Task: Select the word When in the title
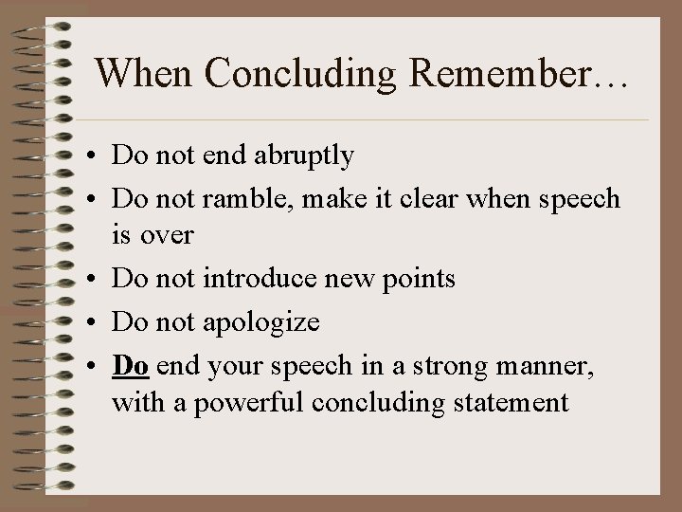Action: tap(140, 73)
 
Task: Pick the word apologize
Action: tap(261, 323)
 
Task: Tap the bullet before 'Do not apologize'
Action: tap(98, 323)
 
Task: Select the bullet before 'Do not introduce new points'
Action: tap(98, 280)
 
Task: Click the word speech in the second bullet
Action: tap(578, 200)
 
